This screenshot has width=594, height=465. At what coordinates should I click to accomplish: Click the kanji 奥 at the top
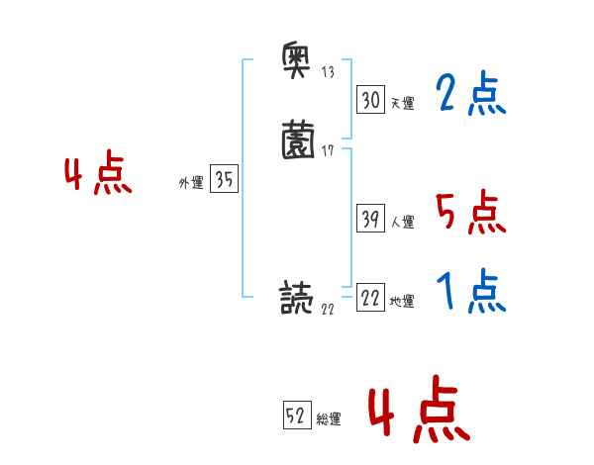click(298, 62)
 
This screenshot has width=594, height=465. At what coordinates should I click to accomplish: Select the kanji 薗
click(298, 140)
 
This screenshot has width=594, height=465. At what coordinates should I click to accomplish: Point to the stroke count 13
click(328, 72)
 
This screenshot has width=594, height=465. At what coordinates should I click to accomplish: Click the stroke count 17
click(328, 150)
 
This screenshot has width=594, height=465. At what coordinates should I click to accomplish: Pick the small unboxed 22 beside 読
click(328, 309)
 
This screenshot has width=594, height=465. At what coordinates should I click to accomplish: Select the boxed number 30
click(370, 100)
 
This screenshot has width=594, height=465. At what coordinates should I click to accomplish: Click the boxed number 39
click(370, 219)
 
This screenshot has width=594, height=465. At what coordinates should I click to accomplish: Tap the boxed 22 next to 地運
click(370, 298)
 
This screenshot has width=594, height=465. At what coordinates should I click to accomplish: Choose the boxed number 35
click(224, 180)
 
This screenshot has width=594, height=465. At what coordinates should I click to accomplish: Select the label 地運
click(402, 302)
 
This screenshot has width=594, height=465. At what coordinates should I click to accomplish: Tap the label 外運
click(190, 184)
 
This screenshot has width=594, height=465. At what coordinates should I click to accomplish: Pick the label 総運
click(329, 420)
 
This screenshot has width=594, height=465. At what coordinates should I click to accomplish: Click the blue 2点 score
click(470, 95)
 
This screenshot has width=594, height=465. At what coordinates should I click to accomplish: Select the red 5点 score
click(470, 212)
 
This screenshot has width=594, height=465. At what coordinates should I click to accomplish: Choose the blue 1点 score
click(470, 292)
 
